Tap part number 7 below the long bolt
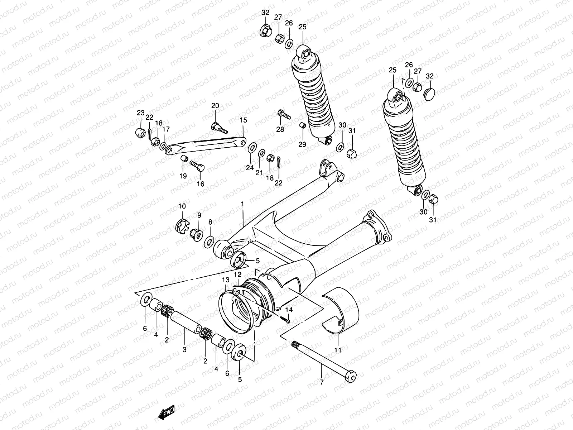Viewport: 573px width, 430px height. click(322, 382)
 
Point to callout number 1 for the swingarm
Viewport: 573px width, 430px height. click(242, 204)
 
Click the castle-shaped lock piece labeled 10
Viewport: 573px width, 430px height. click(182, 225)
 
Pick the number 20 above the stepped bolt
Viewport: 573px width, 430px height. click(215, 106)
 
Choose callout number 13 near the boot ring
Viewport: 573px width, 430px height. click(226, 279)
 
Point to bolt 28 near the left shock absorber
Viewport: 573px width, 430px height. click(284, 115)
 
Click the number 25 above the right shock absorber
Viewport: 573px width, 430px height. click(393, 70)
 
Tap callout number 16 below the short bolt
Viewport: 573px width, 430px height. click(201, 184)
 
